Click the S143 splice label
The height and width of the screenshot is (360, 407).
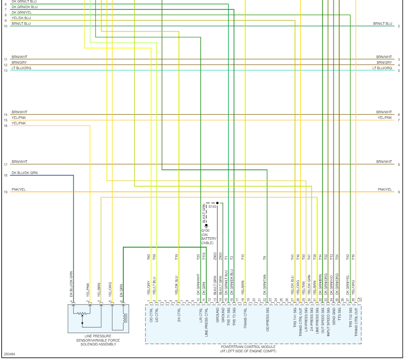213,207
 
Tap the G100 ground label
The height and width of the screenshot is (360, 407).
205,230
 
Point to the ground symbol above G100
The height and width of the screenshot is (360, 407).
206,225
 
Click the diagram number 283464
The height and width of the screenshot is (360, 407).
9,354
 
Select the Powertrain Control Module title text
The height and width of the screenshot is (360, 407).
248,347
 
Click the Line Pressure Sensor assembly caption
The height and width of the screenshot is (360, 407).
98,340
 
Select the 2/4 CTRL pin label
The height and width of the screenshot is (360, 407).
179,317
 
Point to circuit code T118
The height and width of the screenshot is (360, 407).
204,257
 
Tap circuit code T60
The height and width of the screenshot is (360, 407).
149,257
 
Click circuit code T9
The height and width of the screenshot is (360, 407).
264,257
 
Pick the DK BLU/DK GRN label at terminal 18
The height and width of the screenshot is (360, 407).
24,173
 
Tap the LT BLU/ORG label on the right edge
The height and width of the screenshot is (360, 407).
382,68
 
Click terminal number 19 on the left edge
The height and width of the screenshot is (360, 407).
6,192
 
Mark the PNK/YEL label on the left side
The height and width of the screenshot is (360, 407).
18,189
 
